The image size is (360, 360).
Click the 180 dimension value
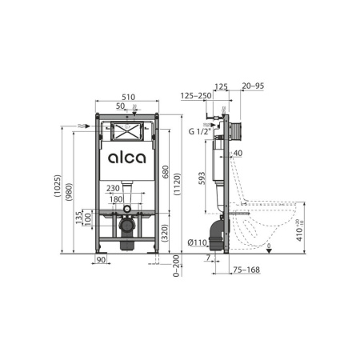[117, 198]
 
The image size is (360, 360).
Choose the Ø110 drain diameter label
[198, 241]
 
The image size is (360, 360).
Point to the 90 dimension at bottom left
[102, 260]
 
